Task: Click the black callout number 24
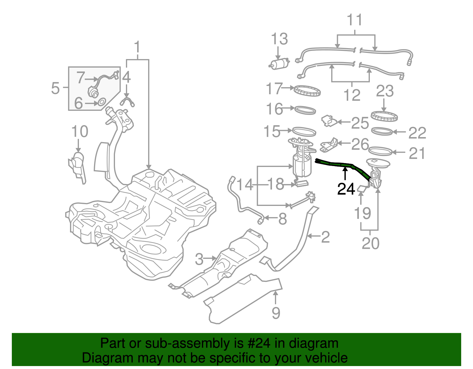click(346, 189)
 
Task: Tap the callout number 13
click(279, 39)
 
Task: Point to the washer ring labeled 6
click(101, 102)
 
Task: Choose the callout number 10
click(80, 131)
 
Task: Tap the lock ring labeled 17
click(307, 91)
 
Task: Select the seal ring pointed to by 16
click(305, 110)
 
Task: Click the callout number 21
click(417, 153)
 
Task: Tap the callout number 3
click(199, 259)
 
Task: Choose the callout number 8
click(283, 219)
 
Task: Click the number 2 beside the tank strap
click(325, 237)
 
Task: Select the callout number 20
click(370, 243)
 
